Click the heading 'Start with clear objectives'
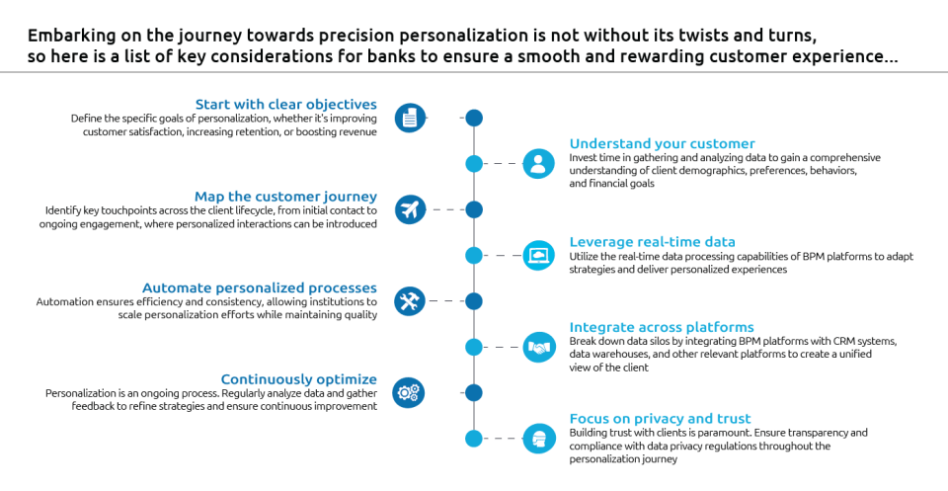point(285,103)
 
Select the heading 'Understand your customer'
point(662,144)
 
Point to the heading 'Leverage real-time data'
point(666,241)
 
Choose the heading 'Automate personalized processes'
point(259,287)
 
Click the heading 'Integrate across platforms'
point(662,327)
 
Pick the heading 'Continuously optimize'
point(298,378)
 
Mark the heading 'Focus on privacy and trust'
point(660,418)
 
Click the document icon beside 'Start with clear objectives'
point(409,118)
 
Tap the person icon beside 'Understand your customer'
point(538,164)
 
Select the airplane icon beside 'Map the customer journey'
point(409,209)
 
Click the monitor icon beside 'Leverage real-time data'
point(538,256)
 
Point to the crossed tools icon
point(409,300)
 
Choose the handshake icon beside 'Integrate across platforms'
point(538,347)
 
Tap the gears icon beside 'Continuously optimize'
point(409,392)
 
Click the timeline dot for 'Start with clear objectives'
point(474,119)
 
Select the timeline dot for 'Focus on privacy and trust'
point(474,438)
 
